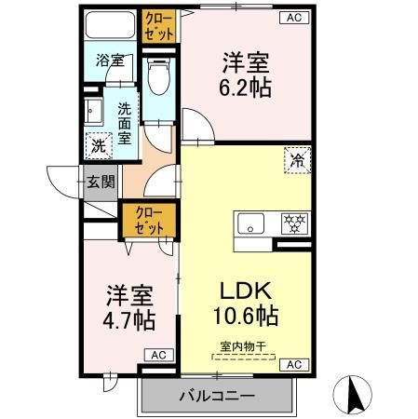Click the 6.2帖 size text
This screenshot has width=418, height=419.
click(246, 90)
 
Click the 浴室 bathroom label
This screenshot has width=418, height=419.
click(111, 61)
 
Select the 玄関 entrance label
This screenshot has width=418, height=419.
click(101, 182)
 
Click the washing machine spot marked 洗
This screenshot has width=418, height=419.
click(98, 145)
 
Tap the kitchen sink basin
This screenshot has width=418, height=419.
click(249, 223)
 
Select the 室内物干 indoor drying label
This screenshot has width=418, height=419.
click(243, 346)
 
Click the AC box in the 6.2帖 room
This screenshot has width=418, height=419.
click(293, 18)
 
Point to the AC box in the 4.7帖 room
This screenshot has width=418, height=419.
click(157, 355)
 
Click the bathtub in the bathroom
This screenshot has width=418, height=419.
click(109, 27)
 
